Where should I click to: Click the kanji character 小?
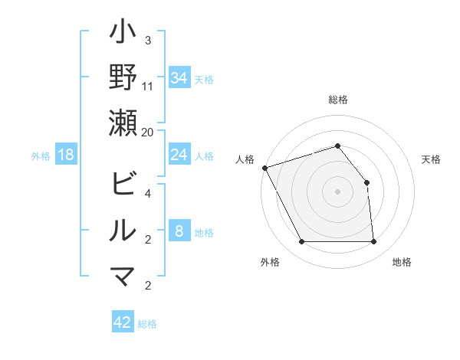123,35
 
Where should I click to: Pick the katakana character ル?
123,231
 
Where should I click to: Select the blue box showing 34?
179,78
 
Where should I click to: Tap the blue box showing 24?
179,155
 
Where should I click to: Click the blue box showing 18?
66,155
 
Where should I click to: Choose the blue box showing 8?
179,231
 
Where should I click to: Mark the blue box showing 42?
123,322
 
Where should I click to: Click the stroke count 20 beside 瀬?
148,132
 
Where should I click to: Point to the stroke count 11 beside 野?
148,86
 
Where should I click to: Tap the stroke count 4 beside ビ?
148,193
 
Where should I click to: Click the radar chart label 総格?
338,100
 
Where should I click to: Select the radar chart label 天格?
432,159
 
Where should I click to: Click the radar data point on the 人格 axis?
264,168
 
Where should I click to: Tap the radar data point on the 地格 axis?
373,242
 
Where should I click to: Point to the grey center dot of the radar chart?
338,191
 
